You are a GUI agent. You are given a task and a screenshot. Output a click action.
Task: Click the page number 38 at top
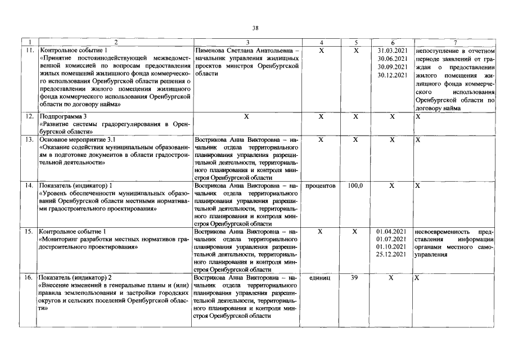coord(255,28)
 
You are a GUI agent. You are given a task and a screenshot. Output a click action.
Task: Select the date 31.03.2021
coord(393,51)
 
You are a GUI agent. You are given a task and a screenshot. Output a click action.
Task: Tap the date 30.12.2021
coord(393,74)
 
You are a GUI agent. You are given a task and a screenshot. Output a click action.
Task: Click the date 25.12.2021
coord(391,255)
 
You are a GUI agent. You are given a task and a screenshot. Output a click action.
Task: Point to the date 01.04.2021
coord(391,231)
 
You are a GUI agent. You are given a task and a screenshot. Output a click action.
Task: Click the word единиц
coord(321,278)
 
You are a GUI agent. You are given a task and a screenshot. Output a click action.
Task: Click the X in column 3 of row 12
coord(247,116)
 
